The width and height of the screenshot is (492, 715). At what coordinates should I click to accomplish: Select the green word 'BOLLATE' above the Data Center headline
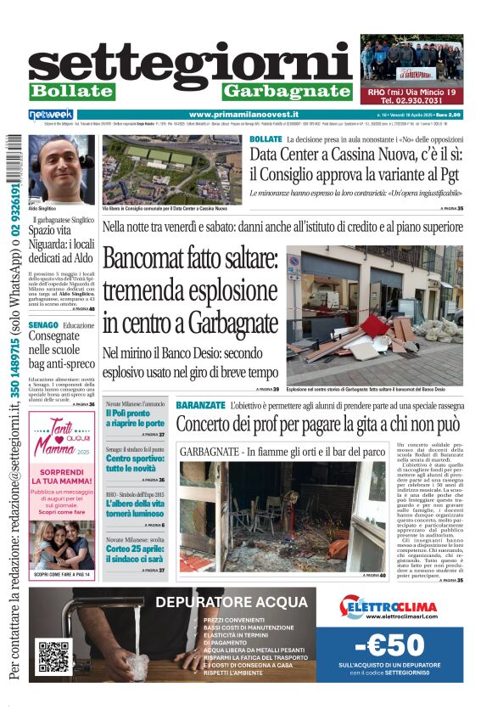pos(266,138)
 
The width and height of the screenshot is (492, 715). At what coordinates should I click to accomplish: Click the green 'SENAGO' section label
pos(42,325)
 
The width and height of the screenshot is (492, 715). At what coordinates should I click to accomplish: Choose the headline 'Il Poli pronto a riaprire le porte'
pos(135,418)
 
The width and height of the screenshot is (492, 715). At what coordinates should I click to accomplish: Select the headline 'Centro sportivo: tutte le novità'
pos(135,464)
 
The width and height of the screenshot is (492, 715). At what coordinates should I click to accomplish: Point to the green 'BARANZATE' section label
pos(201,406)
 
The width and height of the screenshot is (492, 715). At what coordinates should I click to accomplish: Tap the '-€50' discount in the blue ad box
pos(399,645)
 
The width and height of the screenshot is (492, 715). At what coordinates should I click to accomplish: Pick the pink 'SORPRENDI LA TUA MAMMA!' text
pos(60,472)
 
